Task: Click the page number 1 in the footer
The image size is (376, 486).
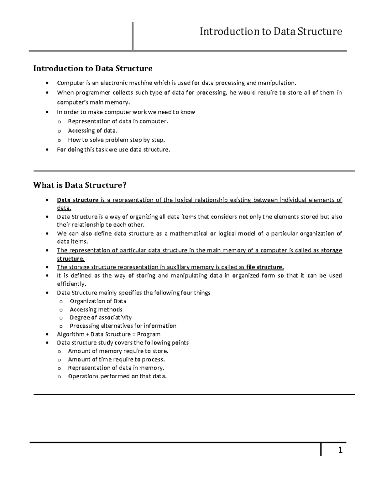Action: pyautogui.click(x=340, y=451)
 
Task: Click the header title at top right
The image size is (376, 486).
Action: pyautogui.click(x=271, y=32)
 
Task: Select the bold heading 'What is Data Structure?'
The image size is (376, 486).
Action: pyautogui.click(x=80, y=185)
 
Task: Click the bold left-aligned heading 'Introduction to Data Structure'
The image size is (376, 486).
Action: pyautogui.click(x=93, y=68)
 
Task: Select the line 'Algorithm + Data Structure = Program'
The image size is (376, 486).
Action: pyautogui.click(x=109, y=334)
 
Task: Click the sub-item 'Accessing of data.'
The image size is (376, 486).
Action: pyautogui.click(x=93, y=130)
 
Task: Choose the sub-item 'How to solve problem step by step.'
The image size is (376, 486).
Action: pyautogui.click(x=116, y=140)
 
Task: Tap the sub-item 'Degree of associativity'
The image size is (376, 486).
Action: pyautogui.click(x=101, y=318)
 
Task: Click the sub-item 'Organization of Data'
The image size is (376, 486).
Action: pyautogui.click(x=98, y=301)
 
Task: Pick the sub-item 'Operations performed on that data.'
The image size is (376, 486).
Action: pyautogui.click(x=118, y=376)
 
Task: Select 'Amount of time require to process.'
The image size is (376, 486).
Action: pyautogui.click(x=117, y=359)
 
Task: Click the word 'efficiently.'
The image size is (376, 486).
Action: pyautogui.click(x=71, y=284)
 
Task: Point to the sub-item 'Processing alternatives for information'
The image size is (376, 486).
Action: pyautogui.click(x=123, y=326)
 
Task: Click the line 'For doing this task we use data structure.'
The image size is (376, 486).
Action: pyautogui.click(x=114, y=150)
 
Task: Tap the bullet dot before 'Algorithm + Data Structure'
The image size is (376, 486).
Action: pyautogui.click(x=47, y=335)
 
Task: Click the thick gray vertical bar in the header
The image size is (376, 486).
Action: pyautogui.click(x=133, y=36)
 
